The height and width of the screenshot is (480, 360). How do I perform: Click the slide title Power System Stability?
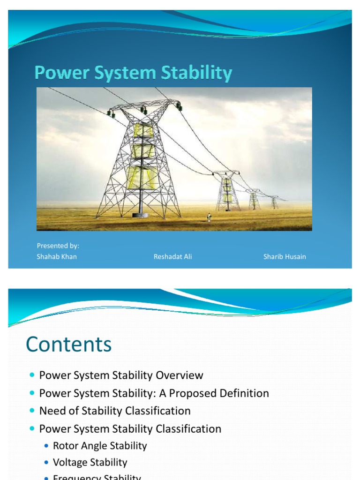point(134,74)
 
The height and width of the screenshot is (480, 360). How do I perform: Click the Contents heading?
point(69,345)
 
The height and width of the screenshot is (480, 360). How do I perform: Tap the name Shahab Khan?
point(57,256)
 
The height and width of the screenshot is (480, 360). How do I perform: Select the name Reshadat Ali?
point(172,256)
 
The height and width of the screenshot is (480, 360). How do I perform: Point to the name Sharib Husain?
point(285,256)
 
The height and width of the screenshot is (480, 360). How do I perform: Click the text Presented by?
point(58,246)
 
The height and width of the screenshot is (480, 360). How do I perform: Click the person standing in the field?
point(209,217)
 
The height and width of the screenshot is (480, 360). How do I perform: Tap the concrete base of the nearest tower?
point(140,215)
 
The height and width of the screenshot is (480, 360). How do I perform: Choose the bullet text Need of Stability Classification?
point(115,411)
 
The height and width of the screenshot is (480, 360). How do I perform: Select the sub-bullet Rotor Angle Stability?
point(100,446)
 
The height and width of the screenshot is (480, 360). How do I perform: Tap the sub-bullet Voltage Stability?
point(90,462)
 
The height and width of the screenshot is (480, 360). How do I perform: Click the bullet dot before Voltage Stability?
point(46,463)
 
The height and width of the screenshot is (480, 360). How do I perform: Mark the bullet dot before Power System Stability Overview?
point(32,375)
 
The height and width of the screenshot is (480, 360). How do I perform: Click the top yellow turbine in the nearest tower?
point(143,130)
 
